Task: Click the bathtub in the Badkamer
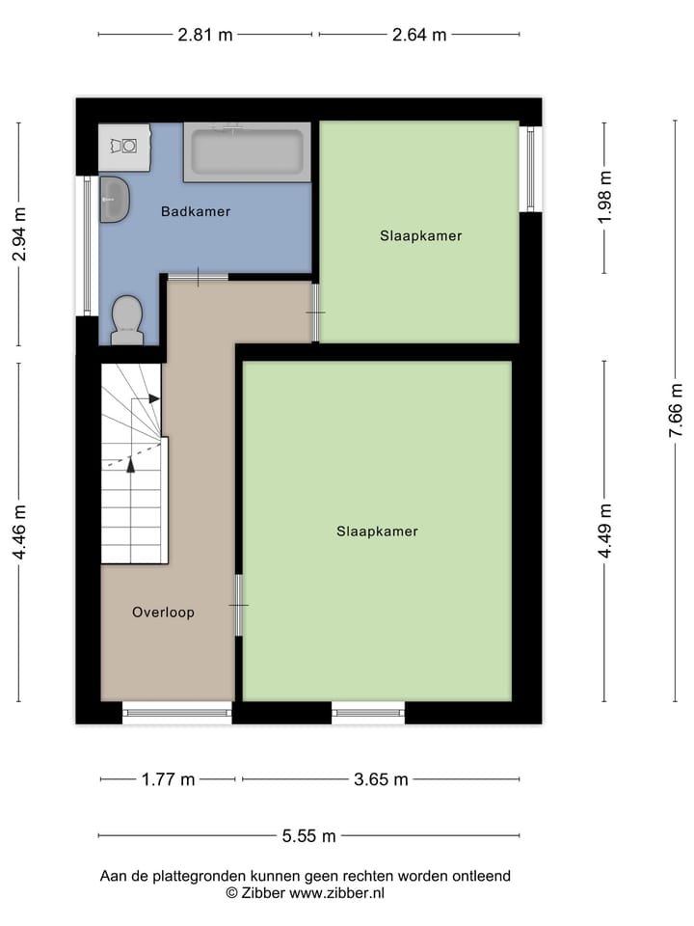(x=247, y=151)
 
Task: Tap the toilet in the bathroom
(x=126, y=320)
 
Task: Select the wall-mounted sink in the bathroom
(x=114, y=199)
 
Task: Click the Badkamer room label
(x=196, y=211)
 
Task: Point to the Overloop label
(x=163, y=612)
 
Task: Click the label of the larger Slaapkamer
(x=377, y=531)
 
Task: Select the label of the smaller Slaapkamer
(x=420, y=235)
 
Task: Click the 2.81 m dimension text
(x=204, y=36)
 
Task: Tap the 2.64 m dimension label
(x=418, y=36)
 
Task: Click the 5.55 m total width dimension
(x=308, y=836)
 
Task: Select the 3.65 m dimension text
(x=380, y=779)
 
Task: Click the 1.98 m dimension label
(x=605, y=198)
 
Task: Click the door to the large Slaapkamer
(x=238, y=605)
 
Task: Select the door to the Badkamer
(x=198, y=278)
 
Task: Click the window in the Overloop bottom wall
(x=177, y=714)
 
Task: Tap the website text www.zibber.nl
(x=336, y=893)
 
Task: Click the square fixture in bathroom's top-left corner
(x=124, y=147)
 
